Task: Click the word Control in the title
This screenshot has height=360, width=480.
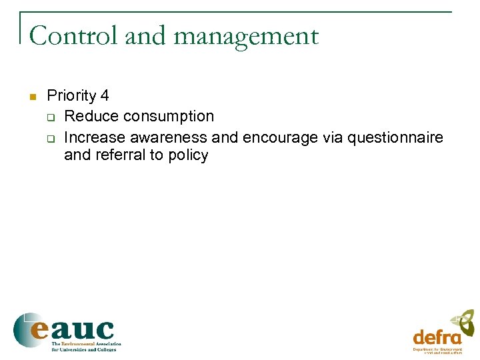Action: coord(74,35)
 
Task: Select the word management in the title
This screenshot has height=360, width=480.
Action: coord(246,36)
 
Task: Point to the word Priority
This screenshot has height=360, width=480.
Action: coord(71,96)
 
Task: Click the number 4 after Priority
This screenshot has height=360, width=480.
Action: coord(104,96)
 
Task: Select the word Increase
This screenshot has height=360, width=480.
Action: coord(95,137)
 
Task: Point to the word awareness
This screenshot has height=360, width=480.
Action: coord(169,137)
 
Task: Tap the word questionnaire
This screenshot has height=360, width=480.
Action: coord(395,137)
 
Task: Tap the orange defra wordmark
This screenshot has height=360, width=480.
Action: coord(437,337)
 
